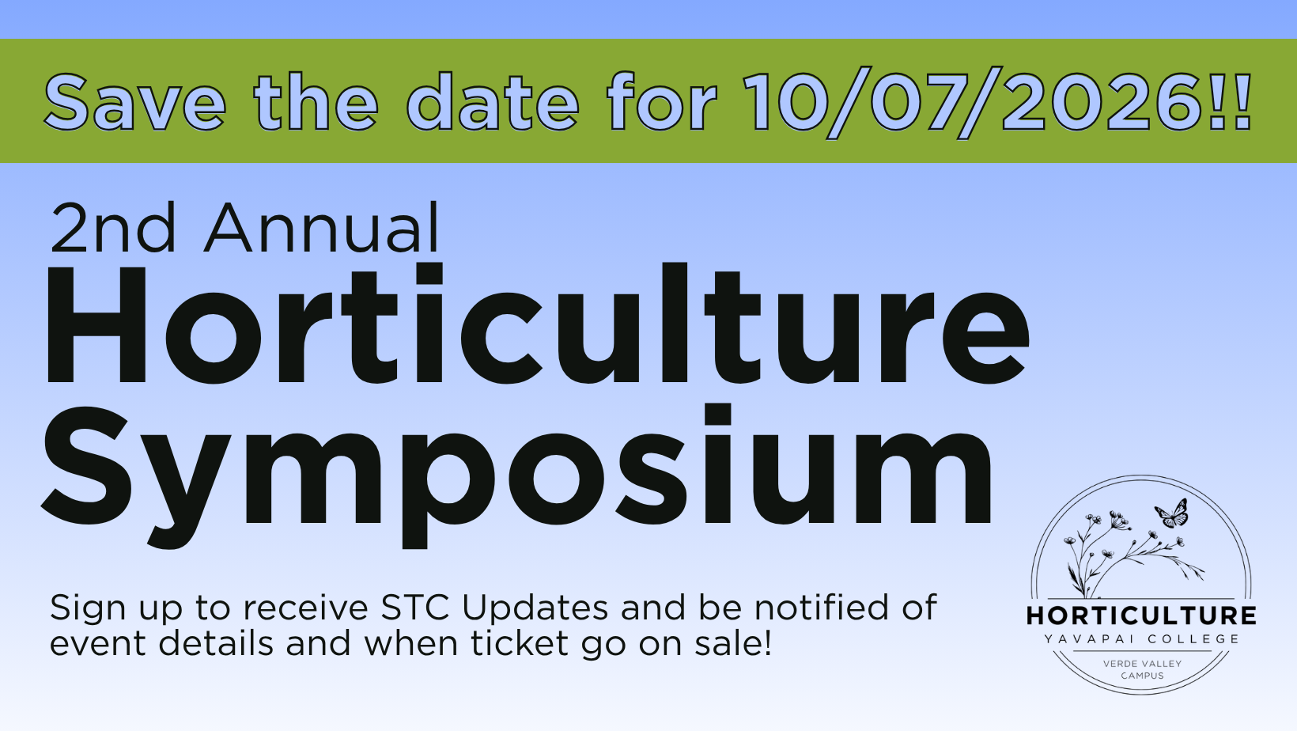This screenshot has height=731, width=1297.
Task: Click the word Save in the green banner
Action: pyautogui.click(x=134, y=103)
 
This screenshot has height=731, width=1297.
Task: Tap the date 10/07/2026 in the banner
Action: pyautogui.click(x=974, y=103)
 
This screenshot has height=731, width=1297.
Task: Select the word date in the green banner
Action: pyautogui.click(x=493, y=103)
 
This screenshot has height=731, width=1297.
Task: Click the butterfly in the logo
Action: pyautogui.click(x=1172, y=514)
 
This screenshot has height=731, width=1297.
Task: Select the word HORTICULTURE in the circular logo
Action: pyautogui.click(x=1141, y=615)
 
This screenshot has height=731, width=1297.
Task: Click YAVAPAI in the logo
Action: pyautogui.click(x=1088, y=639)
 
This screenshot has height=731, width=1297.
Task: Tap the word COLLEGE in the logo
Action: pyautogui.click(x=1193, y=639)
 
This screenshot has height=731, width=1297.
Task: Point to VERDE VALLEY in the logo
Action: pyautogui.click(x=1142, y=664)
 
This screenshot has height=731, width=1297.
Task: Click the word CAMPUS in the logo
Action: pyautogui.click(x=1142, y=676)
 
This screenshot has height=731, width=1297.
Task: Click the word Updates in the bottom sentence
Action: pyautogui.click(x=535, y=608)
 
